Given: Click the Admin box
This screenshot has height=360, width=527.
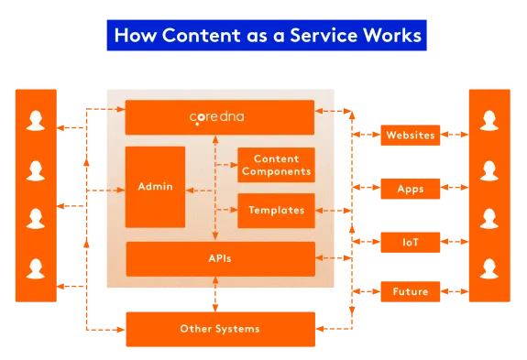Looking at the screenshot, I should click(x=155, y=187).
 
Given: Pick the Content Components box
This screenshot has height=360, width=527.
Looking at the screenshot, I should click(x=276, y=165).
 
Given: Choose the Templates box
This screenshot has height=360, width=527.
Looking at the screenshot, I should click(x=276, y=210).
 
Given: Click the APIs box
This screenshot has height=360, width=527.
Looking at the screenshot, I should click(x=219, y=258).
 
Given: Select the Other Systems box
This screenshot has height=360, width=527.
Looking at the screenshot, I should click(x=219, y=328).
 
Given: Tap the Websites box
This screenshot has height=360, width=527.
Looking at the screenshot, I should click(x=410, y=136).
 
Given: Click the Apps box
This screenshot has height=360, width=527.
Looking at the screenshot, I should click(x=410, y=189).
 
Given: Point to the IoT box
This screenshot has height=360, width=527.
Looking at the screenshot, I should click(x=410, y=242).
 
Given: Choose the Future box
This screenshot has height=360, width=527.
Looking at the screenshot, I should click(x=410, y=292).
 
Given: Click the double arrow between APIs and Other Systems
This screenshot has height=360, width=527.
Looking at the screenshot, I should click(x=216, y=293).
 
